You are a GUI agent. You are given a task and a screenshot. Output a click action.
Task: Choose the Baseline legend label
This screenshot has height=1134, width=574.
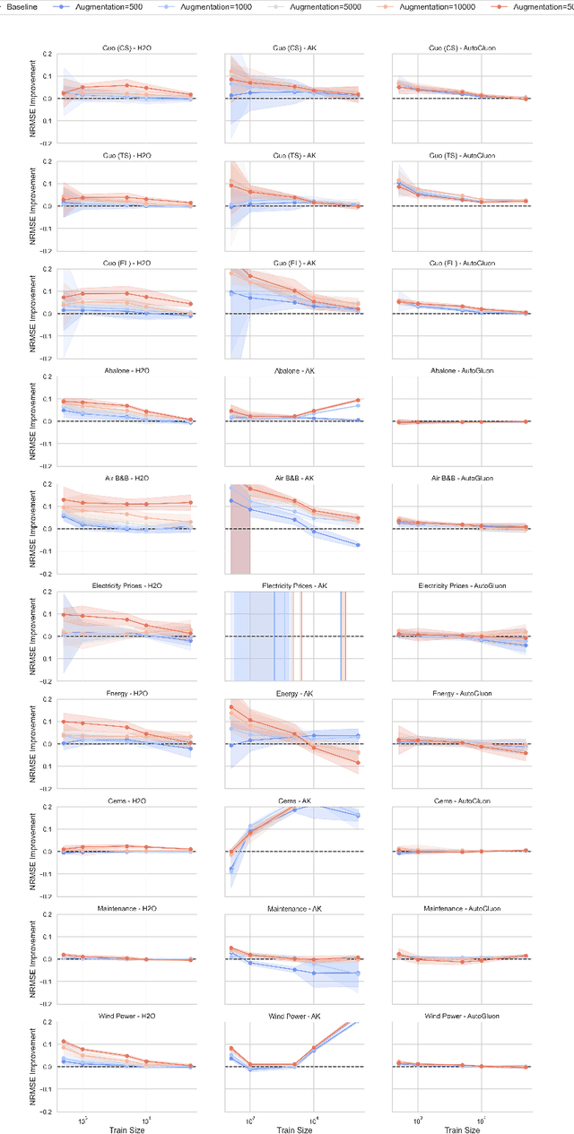click(x=22, y=6)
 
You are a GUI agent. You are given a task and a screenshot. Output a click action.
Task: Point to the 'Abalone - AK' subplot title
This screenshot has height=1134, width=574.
click(x=293, y=370)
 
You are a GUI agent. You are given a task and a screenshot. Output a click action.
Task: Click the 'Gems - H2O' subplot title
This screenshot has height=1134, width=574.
click(x=126, y=801)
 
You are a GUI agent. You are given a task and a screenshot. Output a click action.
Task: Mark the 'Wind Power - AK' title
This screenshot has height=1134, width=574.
click(x=293, y=1016)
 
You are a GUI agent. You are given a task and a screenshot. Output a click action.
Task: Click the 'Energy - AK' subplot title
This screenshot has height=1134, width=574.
click(x=293, y=693)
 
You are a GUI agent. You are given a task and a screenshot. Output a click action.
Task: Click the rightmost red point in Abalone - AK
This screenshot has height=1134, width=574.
click(x=358, y=400)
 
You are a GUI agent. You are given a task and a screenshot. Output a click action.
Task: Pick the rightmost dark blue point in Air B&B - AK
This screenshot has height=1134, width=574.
click(x=358, y=545)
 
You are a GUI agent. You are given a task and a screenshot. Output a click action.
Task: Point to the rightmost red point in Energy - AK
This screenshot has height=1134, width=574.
click(x=358, y=763)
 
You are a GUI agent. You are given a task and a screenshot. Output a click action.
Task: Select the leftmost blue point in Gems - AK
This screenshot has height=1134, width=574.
click(x=231, y=869)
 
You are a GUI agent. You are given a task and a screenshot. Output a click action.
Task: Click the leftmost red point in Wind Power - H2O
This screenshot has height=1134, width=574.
click(x=63, y=1042)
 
